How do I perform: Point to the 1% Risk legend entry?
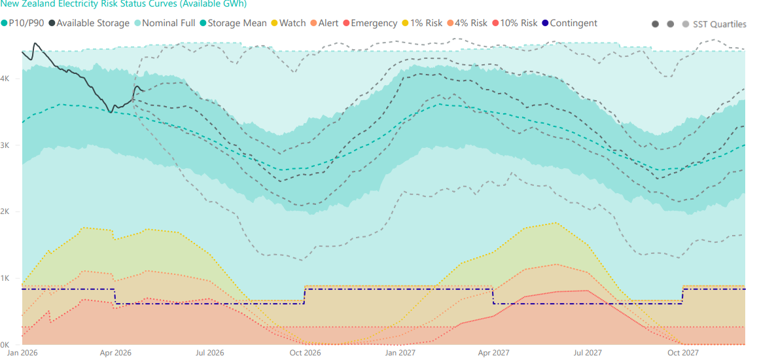coord(425,23)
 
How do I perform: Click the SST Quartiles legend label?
coord(718,24)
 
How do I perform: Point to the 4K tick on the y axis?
coord(5,79)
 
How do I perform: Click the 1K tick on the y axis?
coord(5,278)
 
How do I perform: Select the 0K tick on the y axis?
coord(5,345)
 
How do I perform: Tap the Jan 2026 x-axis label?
coord(22,353)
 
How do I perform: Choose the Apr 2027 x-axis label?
coord(493,353)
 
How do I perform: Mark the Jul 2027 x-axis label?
coord(588,353)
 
